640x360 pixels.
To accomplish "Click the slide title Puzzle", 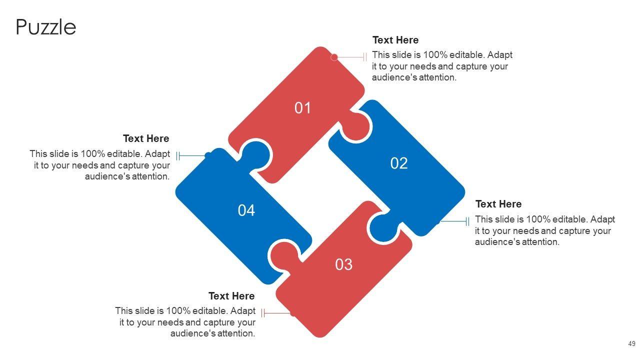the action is point(46,27).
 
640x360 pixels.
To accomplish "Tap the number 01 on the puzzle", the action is point(302,108).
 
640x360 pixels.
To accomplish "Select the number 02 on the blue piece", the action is point(399,163).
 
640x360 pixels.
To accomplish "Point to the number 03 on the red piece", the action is point(343,264).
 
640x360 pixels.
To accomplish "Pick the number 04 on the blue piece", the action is point(246,210).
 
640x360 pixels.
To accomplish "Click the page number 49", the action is point(631,343).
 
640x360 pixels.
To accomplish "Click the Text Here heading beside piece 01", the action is point(395,40).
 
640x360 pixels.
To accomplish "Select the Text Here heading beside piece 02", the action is point(498,204).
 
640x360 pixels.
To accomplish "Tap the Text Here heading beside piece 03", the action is point(231,296).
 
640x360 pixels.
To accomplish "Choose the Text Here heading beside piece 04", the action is point(146,138).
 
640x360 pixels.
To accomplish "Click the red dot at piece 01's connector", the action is point(334,57).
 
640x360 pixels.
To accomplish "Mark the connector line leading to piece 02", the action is point(454,221).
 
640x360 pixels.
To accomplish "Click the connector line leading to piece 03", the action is point(276,313).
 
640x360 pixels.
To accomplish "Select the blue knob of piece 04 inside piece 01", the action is point(255,155).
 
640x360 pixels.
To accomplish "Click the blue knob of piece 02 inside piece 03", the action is point(384,228).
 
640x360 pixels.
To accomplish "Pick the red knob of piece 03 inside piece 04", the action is point(285,255).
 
